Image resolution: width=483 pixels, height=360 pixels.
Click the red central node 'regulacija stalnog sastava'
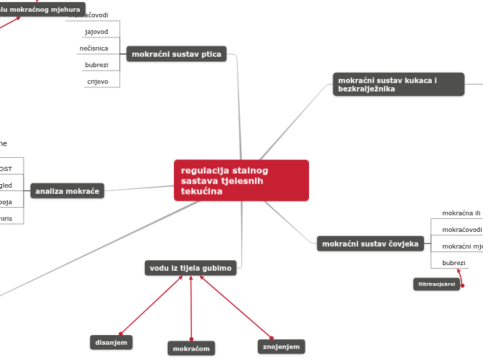(x=241, y=180)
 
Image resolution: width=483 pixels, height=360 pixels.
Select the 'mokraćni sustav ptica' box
(x=176, y=54)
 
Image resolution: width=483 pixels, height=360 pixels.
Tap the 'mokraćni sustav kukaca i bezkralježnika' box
(x=398, y=84)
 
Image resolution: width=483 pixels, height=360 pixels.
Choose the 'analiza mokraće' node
(x=67, y=191)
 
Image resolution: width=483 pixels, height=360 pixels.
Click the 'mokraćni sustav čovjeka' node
(x=370, y=244)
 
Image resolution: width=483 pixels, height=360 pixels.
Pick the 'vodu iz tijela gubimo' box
(x=191, y=267)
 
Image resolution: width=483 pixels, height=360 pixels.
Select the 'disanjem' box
(x=111, y=342)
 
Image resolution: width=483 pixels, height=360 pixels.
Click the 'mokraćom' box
(x=191, y=348)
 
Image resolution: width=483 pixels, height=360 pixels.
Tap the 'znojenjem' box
(x=281, y=346)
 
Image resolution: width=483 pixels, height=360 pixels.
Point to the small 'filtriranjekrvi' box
(x=437, y=285)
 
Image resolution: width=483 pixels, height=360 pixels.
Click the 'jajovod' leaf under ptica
(x=96, y=32)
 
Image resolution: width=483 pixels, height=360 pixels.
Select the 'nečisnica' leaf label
(x=94, y=48)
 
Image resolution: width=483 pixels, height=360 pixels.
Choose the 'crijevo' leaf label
(x=97, y=81)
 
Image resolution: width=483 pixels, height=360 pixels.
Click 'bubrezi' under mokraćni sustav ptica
(x=96, y=65)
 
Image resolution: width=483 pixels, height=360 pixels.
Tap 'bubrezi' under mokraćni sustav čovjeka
(x=454, y=263)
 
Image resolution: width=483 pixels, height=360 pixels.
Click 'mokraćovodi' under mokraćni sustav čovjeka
(x=462, y=229)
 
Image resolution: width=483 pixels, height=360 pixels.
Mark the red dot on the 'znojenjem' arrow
(x=272, y=338)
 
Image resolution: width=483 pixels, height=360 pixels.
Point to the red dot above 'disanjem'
(x=121, y=334)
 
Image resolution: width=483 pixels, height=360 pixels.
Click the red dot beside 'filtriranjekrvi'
(x=462, y=285)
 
